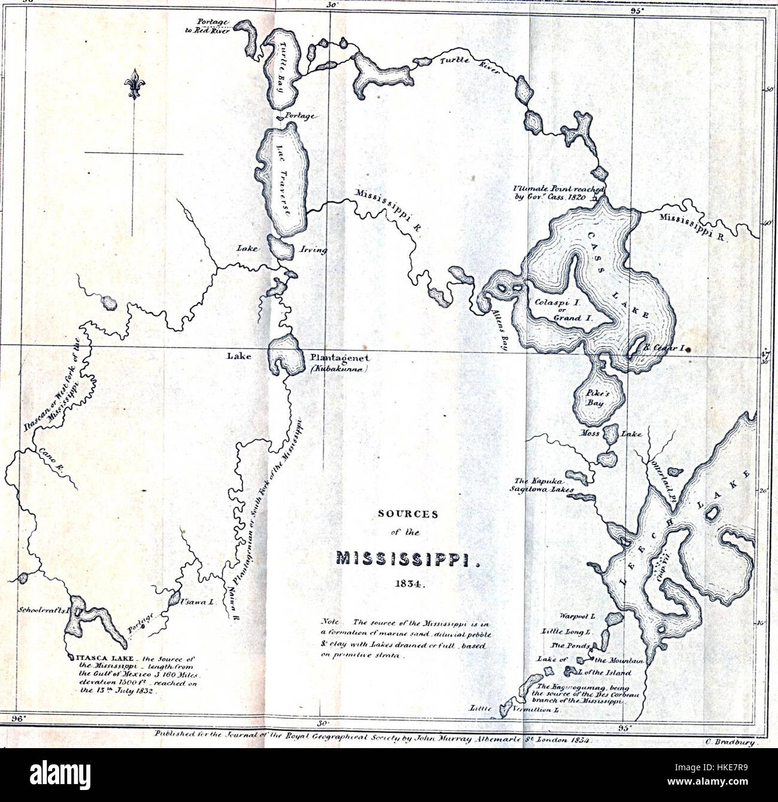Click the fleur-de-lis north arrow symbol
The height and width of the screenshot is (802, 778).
point(134,84)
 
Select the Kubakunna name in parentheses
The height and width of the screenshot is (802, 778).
point(339,369)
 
